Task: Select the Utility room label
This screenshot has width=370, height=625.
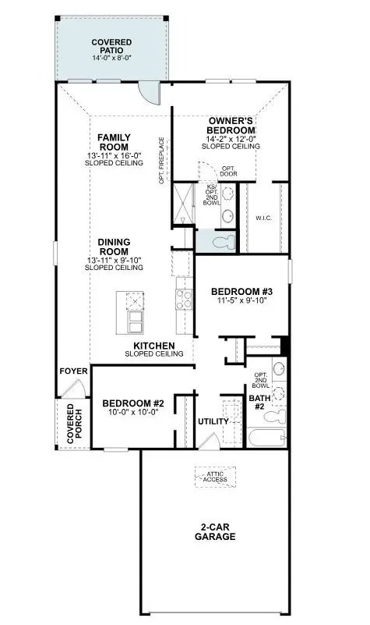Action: pos(213,421)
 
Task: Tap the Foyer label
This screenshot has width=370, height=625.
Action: pos(72,370)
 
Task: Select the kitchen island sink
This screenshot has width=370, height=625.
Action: pos(134,319)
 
